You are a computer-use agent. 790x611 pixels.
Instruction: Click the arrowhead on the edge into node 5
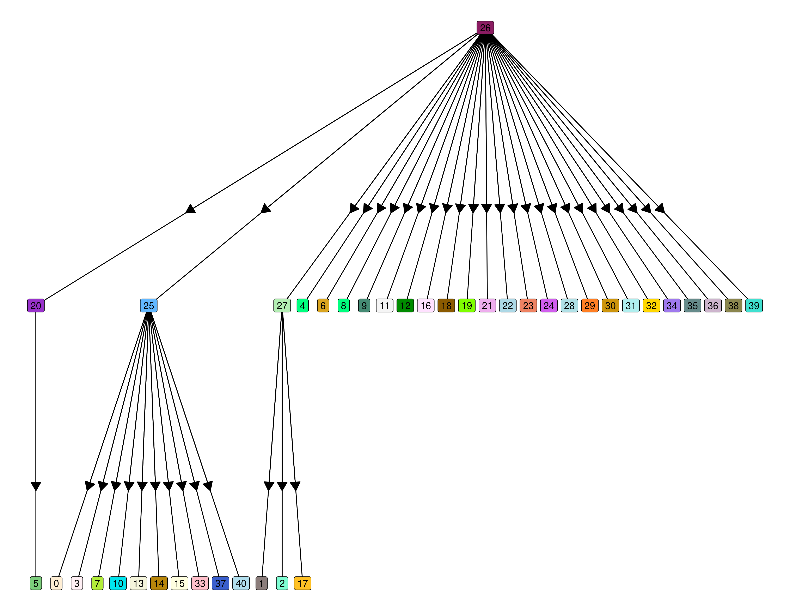[x=36, y=486]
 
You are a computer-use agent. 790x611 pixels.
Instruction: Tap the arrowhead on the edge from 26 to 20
[x=190, y=209]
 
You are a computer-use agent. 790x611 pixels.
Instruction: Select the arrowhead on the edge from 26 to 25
[x=265, y=209]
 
